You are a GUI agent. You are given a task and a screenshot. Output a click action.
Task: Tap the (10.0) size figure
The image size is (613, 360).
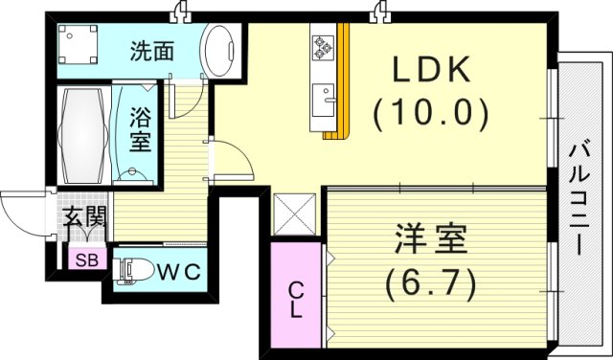coord(430,114)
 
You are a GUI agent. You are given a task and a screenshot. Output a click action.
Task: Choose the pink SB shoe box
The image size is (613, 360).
coord(86,259)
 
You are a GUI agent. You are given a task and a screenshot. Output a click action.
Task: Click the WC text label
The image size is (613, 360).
coord(179,271)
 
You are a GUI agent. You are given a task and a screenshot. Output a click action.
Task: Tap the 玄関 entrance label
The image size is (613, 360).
coord(84,216)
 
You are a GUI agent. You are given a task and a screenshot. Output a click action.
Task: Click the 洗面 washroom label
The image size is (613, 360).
coord(151,51)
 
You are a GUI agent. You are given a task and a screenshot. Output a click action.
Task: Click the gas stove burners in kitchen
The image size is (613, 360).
coord(321,46)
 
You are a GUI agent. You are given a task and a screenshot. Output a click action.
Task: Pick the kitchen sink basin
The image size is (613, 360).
coord(322,99)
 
